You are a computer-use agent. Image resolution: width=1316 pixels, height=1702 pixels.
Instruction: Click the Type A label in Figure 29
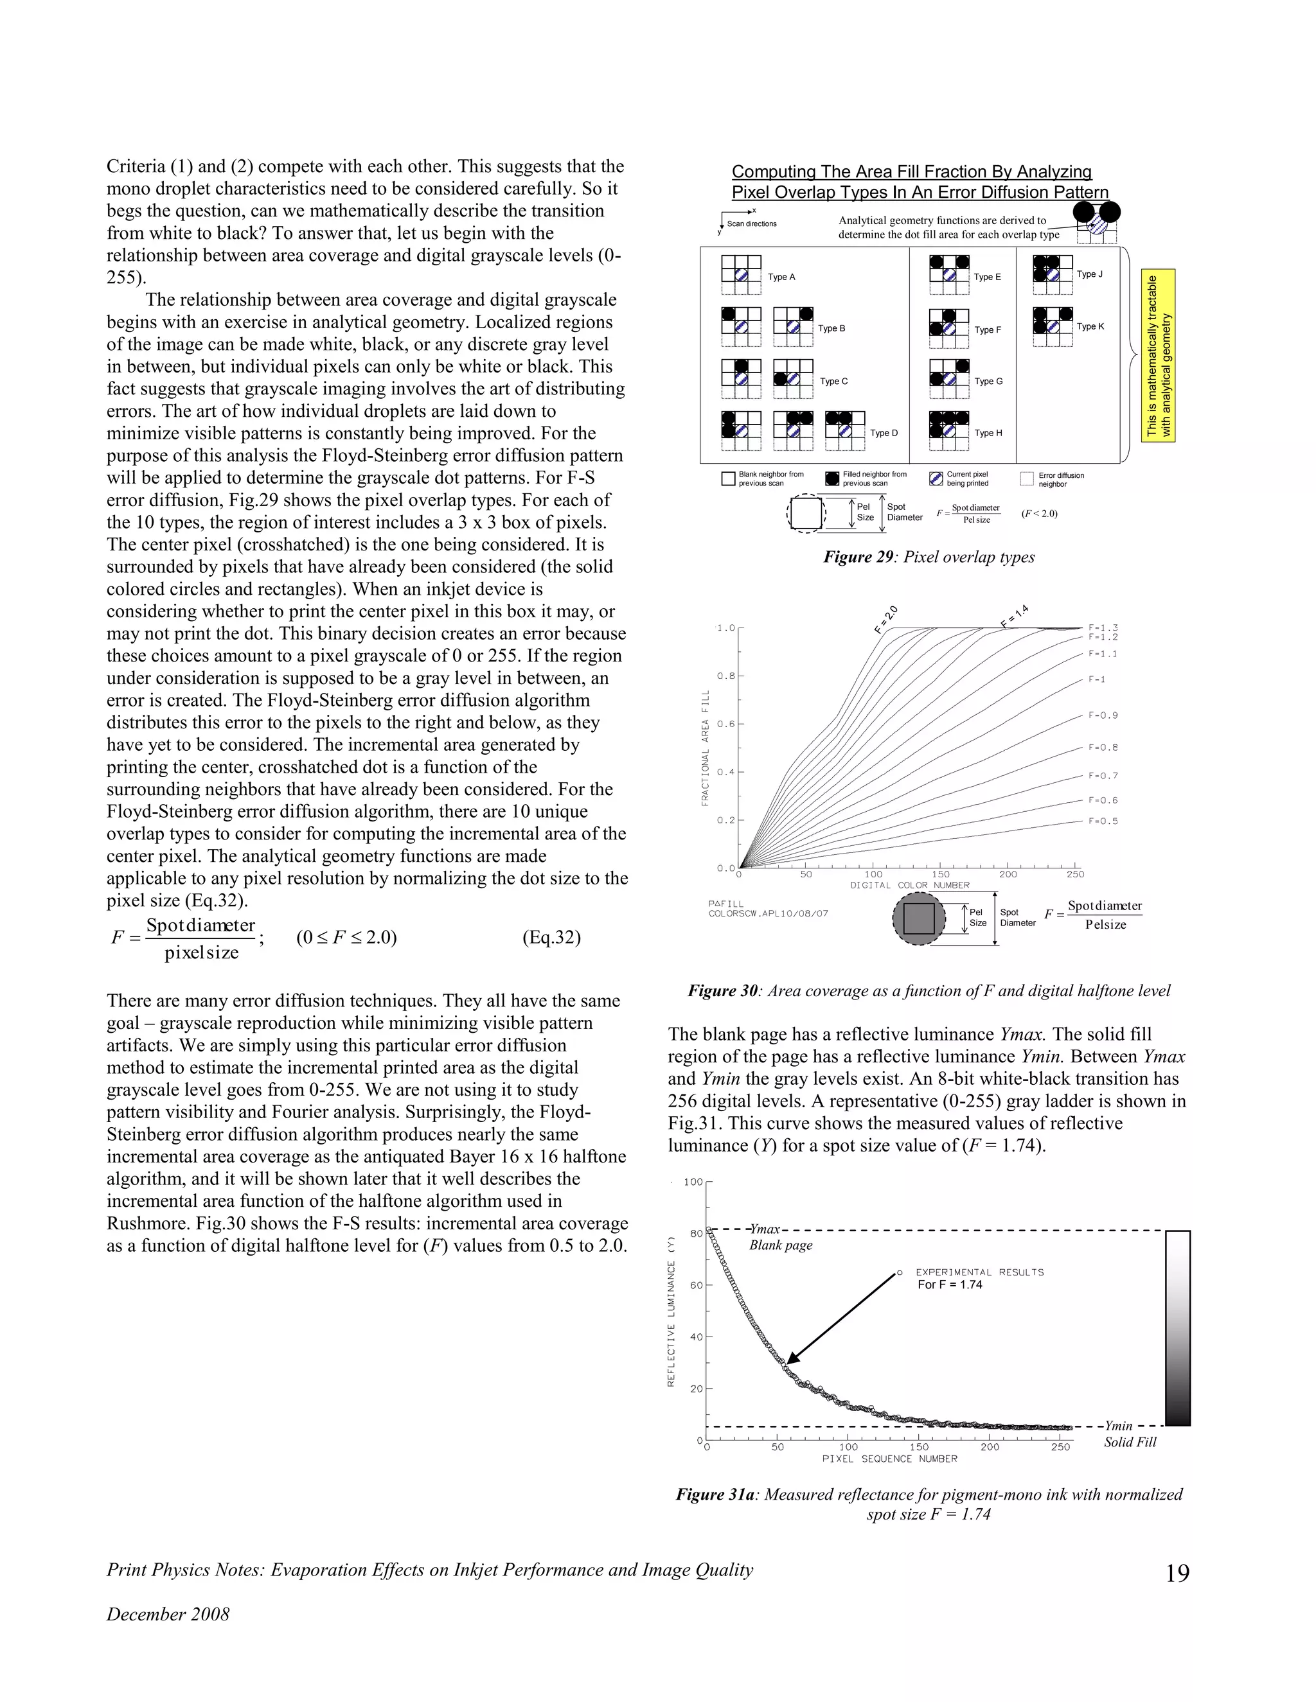781,277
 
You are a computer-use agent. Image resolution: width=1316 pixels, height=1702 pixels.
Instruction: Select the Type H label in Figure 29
988,434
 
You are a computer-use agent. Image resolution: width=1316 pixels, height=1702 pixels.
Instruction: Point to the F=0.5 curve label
1103,821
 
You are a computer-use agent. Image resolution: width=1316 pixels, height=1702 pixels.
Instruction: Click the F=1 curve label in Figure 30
1096,680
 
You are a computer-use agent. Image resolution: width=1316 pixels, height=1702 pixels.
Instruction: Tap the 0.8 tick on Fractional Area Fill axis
726,676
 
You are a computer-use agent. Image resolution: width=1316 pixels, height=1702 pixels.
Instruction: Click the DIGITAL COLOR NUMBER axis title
909,885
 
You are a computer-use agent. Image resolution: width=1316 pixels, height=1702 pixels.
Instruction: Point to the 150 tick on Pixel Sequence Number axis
918,1447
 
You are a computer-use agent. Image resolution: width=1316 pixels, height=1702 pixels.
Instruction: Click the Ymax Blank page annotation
779,1238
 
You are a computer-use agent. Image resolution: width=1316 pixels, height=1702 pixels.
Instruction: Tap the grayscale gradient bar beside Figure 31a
1177,1328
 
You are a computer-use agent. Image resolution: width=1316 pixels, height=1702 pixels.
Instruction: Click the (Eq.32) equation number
551,938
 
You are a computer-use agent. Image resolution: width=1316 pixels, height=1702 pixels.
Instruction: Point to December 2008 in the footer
168,1614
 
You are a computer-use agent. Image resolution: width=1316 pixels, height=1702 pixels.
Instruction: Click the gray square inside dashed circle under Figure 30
918,920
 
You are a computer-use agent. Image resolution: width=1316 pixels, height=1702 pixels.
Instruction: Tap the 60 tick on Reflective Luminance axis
695,1285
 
